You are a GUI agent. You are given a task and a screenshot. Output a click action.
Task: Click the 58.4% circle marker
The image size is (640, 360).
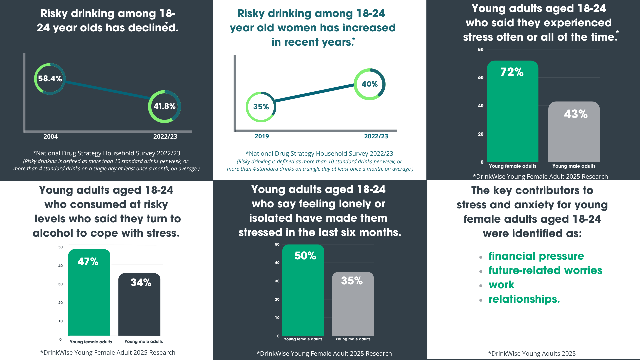tap(50, 79)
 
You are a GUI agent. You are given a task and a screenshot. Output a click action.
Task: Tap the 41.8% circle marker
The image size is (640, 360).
tap(164, 106)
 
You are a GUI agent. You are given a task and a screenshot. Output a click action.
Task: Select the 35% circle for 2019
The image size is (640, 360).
tap(261, 107)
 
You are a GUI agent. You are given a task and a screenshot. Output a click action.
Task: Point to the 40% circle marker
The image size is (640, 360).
tap(369, 84)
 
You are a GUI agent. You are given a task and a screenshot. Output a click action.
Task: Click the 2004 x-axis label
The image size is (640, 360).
tap(51, 137)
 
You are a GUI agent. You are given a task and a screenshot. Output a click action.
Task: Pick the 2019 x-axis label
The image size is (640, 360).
tap(262, 136)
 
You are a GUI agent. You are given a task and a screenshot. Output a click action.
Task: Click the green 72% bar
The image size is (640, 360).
tap(512, 113)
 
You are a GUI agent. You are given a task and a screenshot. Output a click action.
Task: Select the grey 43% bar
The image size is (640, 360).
tap(574, 133)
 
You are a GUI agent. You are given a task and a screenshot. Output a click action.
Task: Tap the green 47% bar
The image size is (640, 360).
tap(89, 293)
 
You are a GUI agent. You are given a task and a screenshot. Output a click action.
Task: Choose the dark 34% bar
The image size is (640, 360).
tap(139, 305)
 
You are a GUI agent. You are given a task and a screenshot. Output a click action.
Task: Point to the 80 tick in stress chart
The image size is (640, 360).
tap(480, 50)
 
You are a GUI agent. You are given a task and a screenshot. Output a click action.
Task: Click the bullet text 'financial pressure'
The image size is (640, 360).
tap(536, 256)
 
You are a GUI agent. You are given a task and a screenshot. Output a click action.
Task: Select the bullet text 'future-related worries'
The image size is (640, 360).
tap(545, 270)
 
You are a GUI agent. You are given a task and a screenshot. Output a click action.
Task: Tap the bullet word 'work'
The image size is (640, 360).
tap(501, 285)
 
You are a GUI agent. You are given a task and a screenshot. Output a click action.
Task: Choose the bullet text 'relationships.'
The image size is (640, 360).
tap(524, 299)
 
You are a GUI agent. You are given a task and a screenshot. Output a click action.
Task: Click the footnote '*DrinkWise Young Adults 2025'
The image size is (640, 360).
tap(532, 354)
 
